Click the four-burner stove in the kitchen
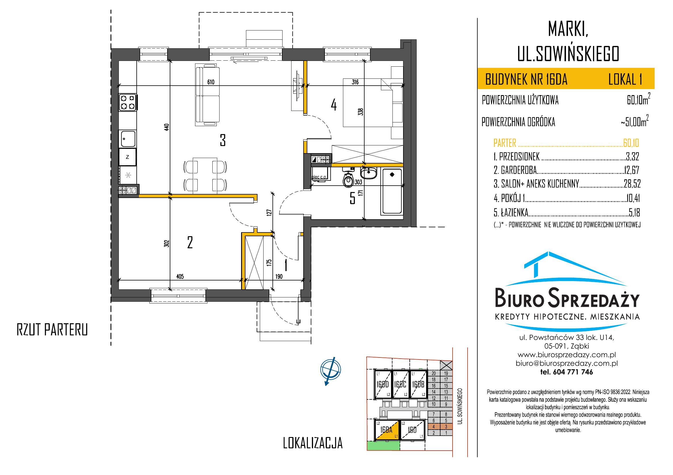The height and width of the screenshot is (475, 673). (128, 102)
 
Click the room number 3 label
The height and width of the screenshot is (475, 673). (223, 140)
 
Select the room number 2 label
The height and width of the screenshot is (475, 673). (190, 243)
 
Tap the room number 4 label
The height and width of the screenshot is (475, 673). (333, 105)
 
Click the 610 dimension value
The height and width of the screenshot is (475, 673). (211, 82)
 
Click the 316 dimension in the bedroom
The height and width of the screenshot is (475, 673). (355, 82)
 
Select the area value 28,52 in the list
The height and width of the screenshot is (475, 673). (632, 184)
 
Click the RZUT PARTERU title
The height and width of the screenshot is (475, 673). (52, 330)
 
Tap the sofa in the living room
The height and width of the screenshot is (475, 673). (207, 95)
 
